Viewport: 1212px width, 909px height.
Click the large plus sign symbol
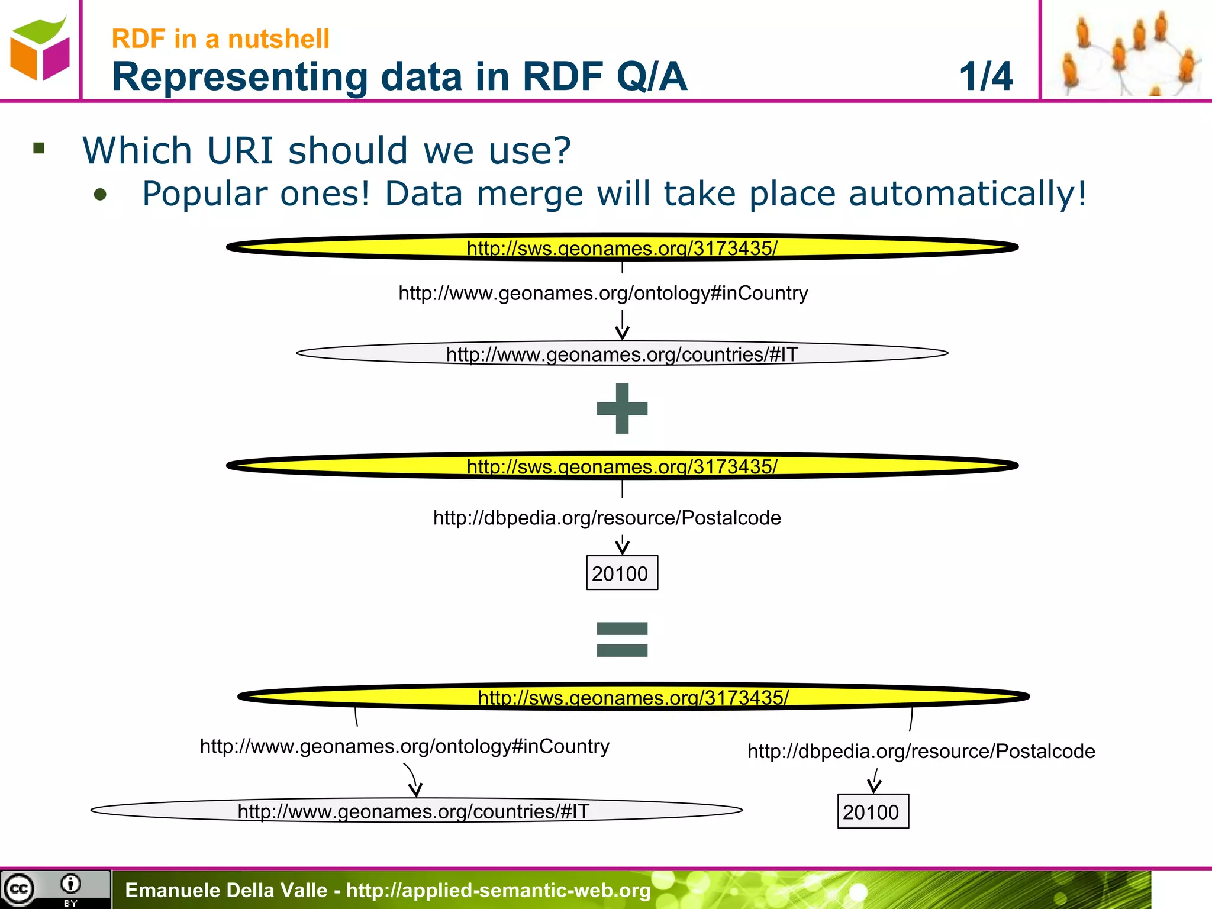pos(622,408)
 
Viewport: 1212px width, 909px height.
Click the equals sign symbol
pos(622,640)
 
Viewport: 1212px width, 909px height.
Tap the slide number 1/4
pos(986,76)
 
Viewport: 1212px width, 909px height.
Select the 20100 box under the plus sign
pos(621,573)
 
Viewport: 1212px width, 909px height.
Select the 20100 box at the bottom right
pos(872,811)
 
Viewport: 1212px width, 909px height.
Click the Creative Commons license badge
pos(54,889)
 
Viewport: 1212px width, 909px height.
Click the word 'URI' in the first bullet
pos(240,150)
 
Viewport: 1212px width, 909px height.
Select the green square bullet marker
pos(40,148)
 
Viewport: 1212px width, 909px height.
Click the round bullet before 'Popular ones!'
pos(101,195)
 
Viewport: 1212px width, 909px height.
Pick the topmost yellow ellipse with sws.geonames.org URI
pos(622,247)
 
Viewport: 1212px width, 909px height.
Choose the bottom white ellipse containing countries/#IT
pos(416,810)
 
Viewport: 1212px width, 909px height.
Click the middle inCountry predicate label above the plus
pos(603,293)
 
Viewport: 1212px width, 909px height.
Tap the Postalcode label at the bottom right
pos(921,751)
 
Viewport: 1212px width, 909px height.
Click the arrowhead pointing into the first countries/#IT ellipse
pos(622,334)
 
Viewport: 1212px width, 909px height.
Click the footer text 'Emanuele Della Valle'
pos(226,890)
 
